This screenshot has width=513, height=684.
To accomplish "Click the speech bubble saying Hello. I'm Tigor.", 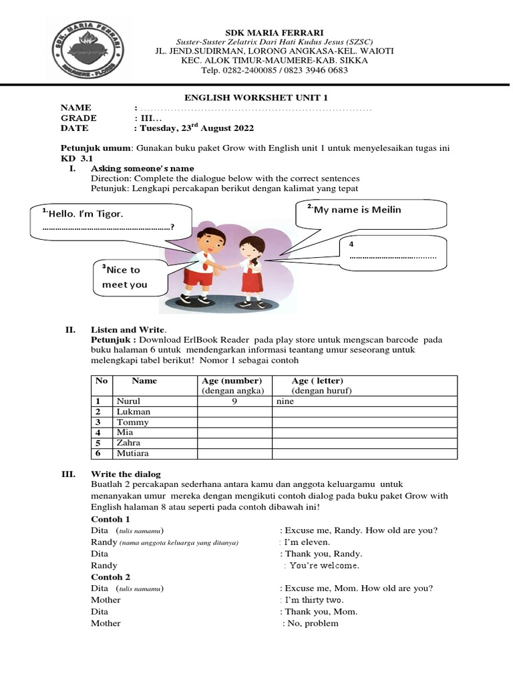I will (111, 220).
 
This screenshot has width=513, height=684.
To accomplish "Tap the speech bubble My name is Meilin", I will (373, 212).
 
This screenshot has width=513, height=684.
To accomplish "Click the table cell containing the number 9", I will (234, 402).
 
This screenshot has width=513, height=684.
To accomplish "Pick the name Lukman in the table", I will (134, 412).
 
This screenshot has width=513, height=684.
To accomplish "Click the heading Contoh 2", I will (110, 577).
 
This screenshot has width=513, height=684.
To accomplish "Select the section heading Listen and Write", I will (128, 330).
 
